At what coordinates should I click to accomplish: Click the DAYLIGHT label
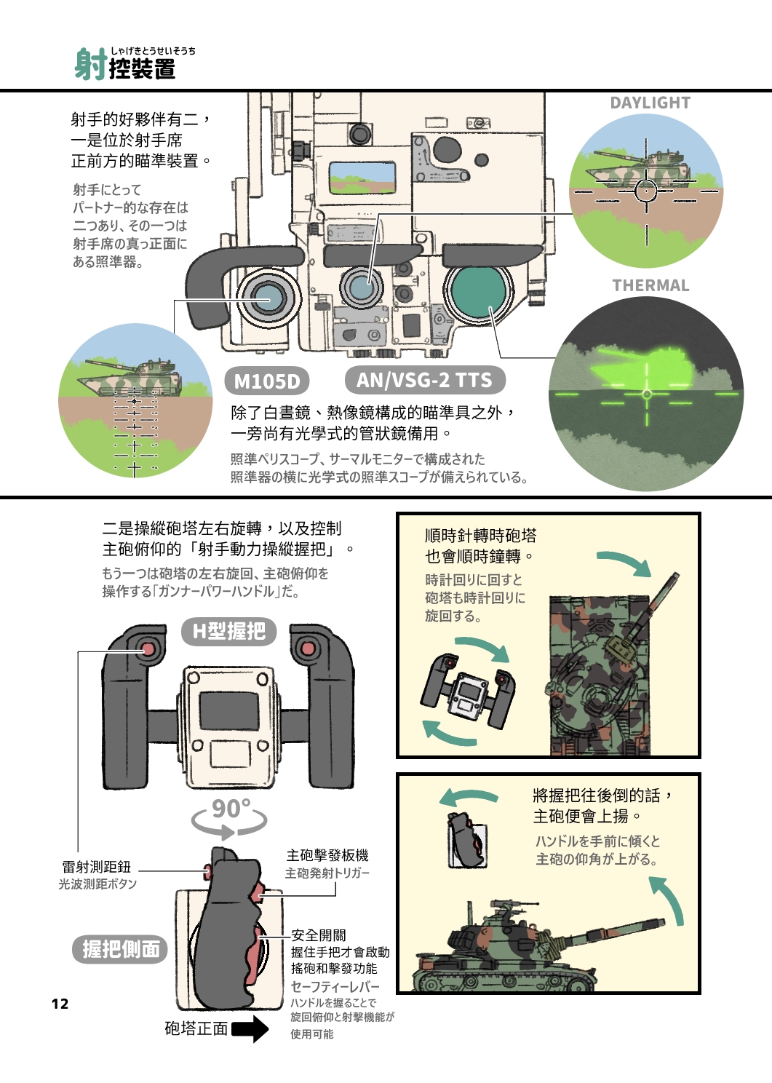click(x=650, y=103)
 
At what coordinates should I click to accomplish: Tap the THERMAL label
click(x=650, y=285)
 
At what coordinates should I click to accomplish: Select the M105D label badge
click(x=267, y=381)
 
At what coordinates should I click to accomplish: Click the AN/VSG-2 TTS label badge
click(x=424, y=380)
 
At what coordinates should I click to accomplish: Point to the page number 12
click(x=60, y=1004)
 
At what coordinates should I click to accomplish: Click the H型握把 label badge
click(x=228, y=631)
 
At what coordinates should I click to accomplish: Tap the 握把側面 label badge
click(x=120, y=949)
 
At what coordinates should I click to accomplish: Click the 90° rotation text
click(x=231, y=809)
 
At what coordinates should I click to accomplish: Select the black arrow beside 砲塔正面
click(x=250, y=1028)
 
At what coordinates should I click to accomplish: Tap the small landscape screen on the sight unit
click(x=362, y=177)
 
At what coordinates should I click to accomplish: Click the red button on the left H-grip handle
click(x=148, y=648)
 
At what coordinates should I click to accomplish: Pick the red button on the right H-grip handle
click(x=308, y=648)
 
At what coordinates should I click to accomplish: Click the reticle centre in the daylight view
click(x=646, y=191)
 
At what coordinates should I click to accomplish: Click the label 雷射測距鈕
click(x=96, y=867)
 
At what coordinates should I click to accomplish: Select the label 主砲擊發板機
click(x=327, y=855)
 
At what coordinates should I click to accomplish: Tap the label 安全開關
click(x=318, y=935)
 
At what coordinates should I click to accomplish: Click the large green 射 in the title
click(x=90, y=65)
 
